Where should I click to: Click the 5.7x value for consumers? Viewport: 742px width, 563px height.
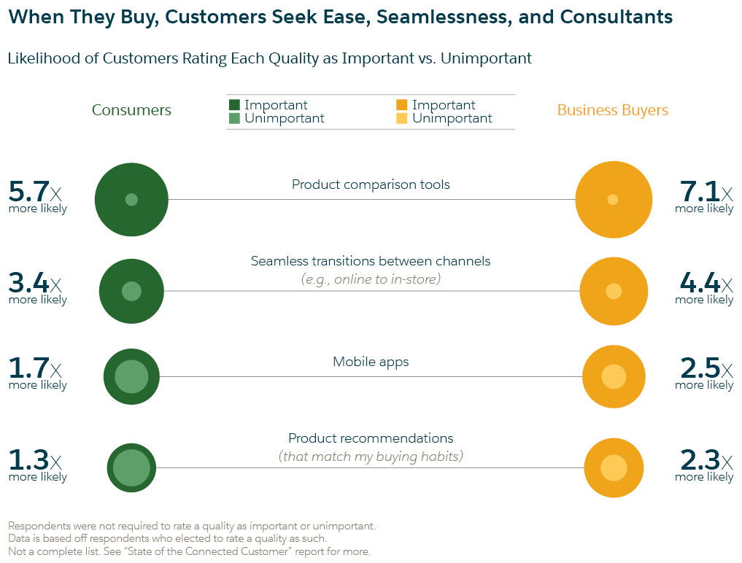(35, 192)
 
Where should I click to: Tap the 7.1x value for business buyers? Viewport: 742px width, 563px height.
(706, 192)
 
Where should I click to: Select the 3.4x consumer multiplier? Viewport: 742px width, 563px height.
(35, 283)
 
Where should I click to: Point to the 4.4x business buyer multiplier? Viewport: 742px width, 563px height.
(706, 283)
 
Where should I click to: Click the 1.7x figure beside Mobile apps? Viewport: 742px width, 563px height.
(35, 368)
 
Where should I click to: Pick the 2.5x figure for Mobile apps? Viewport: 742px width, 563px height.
(706, 368)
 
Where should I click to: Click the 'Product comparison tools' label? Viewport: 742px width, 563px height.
(371, 185)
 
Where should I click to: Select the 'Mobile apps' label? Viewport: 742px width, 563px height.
(371, 362)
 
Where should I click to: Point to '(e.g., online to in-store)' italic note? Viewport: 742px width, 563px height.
(371, 279)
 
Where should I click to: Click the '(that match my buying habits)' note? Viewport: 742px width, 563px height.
(371, 457)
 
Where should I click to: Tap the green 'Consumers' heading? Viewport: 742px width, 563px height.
(131, 110)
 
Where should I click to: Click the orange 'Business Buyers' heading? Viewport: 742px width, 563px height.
(612, 110)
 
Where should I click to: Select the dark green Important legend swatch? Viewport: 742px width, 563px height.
(234, 104)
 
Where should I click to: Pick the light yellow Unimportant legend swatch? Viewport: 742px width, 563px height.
(402, 118)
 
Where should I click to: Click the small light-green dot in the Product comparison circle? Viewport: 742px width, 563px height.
(131, 200)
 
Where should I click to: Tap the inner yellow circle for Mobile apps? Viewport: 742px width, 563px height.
(614, 376)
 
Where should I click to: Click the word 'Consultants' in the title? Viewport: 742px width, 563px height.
(616, 17)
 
